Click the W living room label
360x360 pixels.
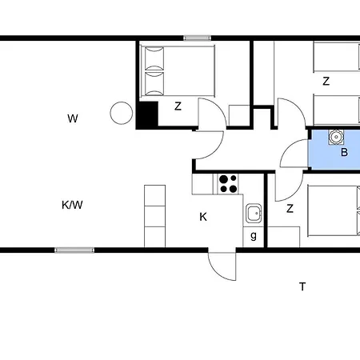point(73,118)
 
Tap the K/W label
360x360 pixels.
point(72,205)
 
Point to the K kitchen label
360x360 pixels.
point(203,217)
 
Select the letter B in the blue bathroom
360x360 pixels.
point(344,152)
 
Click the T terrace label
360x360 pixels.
point(302,286)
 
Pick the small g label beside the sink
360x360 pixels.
point(254,236)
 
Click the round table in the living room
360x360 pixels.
point(122,113)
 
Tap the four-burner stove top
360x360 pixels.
point(228,184)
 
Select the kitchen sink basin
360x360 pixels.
point(254,213)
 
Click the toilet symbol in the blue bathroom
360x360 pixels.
point(336,137)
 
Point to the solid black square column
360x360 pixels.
point(147,114)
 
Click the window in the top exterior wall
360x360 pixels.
point(198,38)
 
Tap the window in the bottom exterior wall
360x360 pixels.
point(74,250)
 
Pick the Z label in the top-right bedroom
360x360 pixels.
point(326,81)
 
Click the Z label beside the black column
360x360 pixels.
point(178,106)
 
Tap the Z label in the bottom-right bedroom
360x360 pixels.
point(290,208)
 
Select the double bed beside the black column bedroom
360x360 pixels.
point(178,71)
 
